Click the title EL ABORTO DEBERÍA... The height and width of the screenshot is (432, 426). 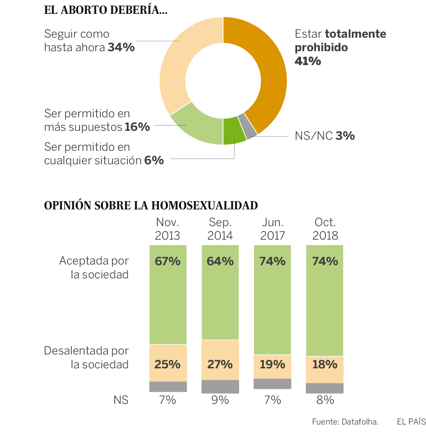(105, 10)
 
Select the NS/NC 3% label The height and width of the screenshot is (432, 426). (324, 136)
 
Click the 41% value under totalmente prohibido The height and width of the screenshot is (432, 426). (308, 61)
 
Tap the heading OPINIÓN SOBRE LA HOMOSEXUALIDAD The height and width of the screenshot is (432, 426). (151, 206)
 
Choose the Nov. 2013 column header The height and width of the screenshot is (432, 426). (168, 229)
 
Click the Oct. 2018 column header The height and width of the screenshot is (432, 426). (325, 229)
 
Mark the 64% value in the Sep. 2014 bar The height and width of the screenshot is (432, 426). (220, 261)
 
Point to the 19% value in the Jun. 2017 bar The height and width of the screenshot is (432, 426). (272, 364)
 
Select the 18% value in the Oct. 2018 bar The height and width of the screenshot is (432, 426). (325, 364)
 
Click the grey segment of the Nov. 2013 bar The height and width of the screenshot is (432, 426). (168, 386)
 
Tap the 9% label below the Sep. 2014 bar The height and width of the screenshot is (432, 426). (220, 400)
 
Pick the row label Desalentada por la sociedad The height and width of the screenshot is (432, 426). (86, 358)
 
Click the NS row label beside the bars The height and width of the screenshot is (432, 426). (121, 400)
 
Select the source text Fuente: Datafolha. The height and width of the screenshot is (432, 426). (345, 422)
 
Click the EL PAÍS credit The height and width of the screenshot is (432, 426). (411, 422)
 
